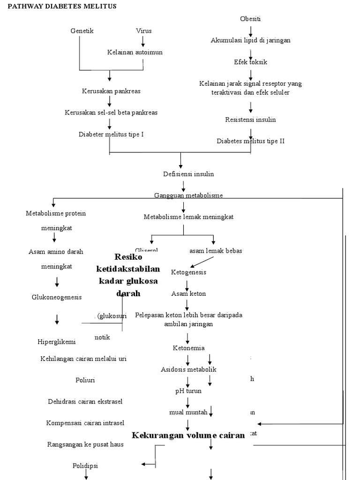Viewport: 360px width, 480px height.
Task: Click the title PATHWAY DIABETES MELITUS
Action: point(62,6)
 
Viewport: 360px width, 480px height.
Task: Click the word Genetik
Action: point(82,31)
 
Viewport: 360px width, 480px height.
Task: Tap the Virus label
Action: point(144,31)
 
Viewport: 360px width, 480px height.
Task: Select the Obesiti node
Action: point(250,19)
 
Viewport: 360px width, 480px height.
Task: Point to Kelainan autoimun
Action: point(135,52)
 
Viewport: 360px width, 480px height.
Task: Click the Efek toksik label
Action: point(251,62)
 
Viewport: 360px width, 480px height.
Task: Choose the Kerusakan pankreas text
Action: point(111,91)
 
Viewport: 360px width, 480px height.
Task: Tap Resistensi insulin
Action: point(251,120)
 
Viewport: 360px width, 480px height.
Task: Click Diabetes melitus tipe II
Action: point(251,141)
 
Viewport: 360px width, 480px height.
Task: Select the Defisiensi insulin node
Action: point(182,174)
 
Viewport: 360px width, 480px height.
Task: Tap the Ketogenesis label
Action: point(188,272)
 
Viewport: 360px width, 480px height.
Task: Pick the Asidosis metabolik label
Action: point(188,370)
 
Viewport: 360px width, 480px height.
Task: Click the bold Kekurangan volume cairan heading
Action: point(188,435)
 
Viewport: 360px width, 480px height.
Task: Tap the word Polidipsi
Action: point(85,466)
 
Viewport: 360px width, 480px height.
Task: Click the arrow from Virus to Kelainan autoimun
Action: point(143,41)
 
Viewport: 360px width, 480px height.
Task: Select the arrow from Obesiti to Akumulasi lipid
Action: point(251,31)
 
